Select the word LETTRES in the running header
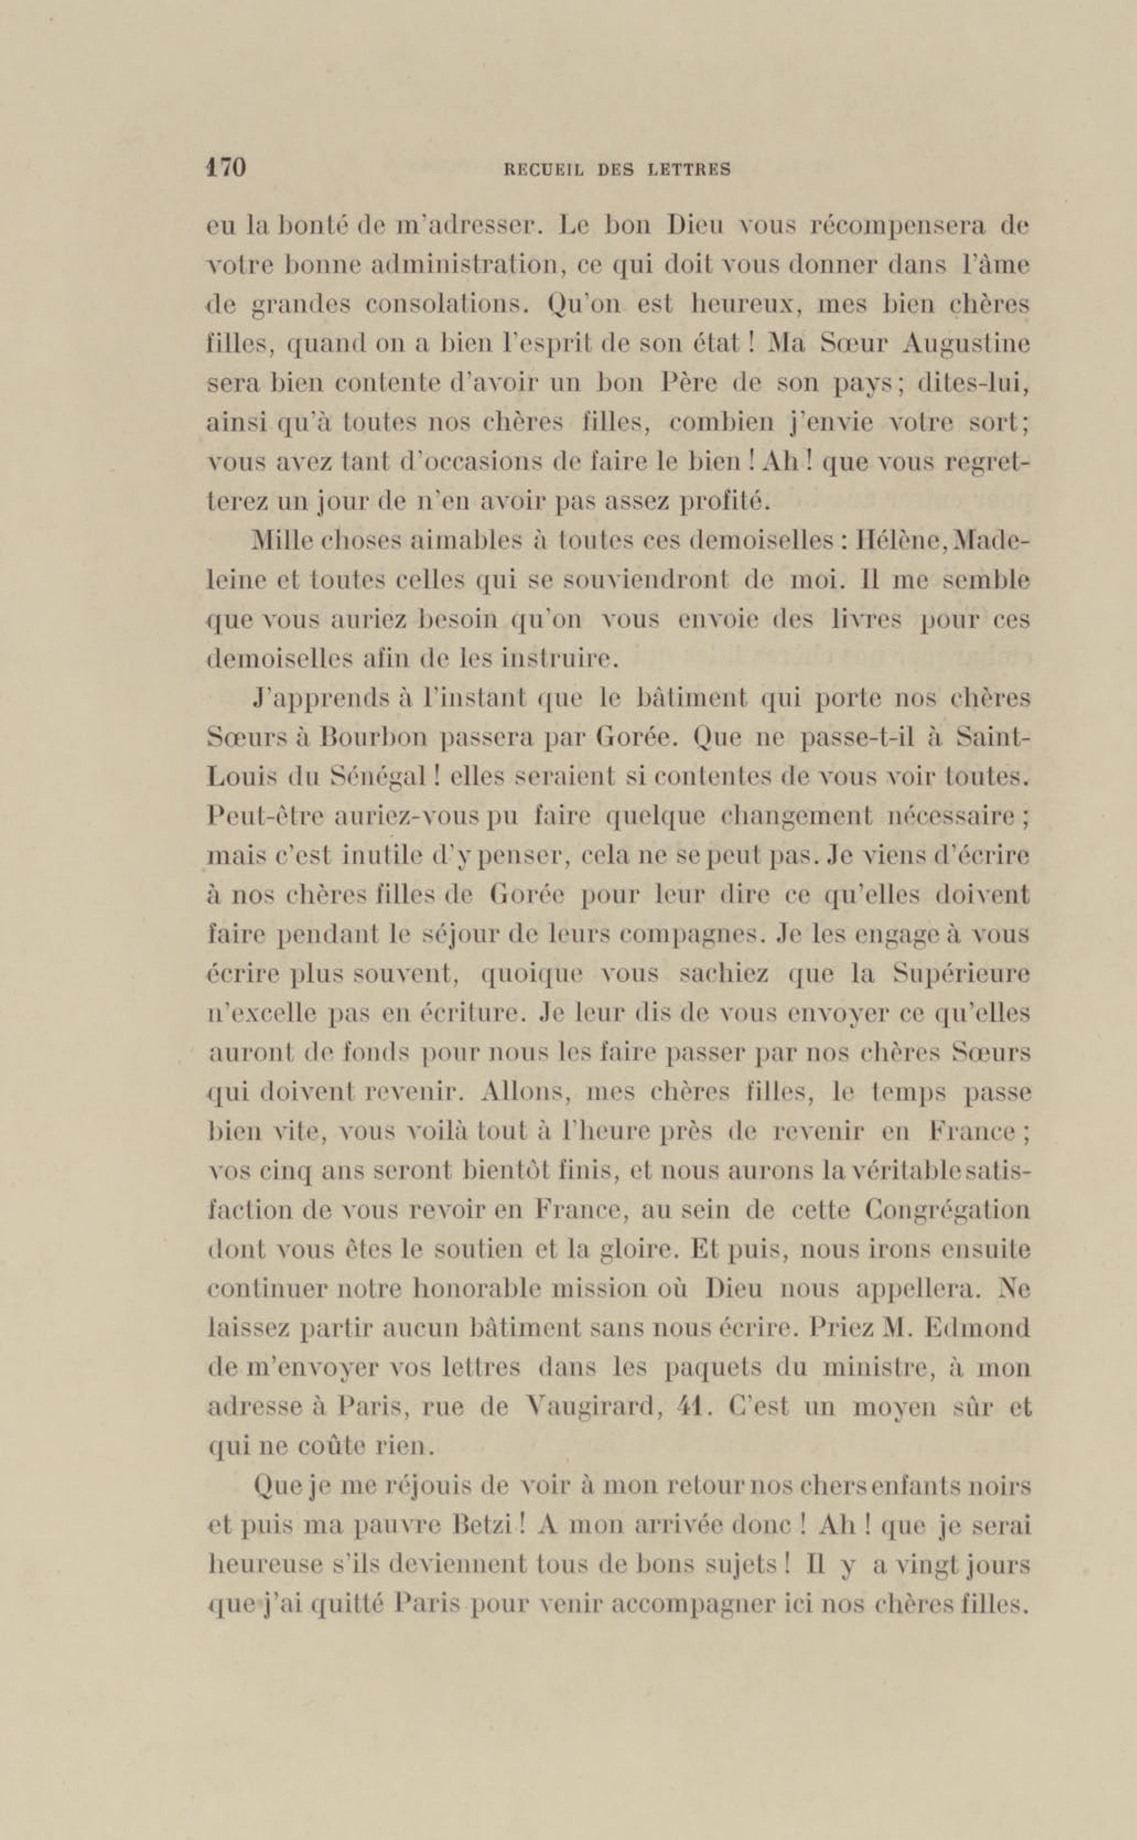(x=689, y=170)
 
